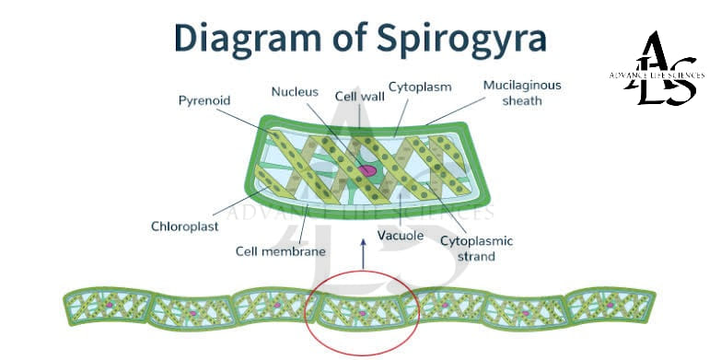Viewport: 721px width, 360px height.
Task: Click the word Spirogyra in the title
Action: click(461, 40)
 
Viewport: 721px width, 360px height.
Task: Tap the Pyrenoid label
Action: click(204, 101)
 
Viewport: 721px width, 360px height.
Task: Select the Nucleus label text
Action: click(295, 92)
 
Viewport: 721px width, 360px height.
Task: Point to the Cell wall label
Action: click(360, 97)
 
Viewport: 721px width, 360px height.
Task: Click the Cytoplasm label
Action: click(420, 87)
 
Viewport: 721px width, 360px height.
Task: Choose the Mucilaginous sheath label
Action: click(522, 93)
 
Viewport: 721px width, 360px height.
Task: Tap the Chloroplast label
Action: click(185, 226)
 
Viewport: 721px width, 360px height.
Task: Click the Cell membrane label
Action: click(281, 251)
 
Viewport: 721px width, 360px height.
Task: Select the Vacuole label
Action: click(400, 236)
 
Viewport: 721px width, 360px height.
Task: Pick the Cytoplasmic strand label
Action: click(476, 249)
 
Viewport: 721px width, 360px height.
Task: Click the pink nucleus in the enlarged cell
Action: click(367, 171)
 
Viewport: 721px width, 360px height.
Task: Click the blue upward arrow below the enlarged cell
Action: click(363, 254)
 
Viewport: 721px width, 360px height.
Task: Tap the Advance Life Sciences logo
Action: click(657, 68)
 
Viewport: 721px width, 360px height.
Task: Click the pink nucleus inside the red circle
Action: click(362, 313)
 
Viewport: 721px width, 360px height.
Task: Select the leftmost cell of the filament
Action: click(108, 307)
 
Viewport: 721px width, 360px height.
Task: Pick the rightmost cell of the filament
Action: click(611, 306)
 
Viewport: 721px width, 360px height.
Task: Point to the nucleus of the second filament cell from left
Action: click(193, 313)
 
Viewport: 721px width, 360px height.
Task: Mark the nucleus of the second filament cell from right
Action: click(526, 313)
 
